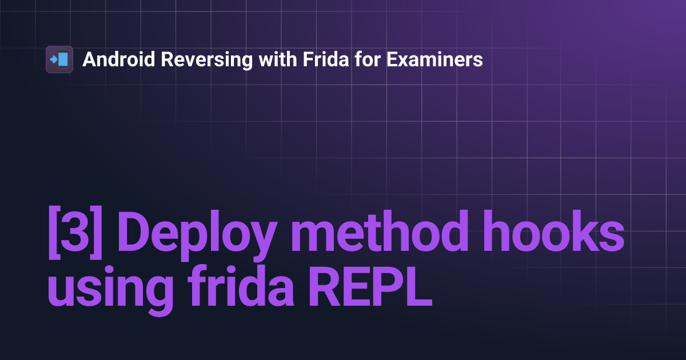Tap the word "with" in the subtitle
point(275,59)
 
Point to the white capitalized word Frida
point(324,59)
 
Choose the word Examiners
point(435,59)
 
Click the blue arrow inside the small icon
point(53,59)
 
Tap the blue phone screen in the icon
point(63,59)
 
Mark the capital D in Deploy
point(135,235)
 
